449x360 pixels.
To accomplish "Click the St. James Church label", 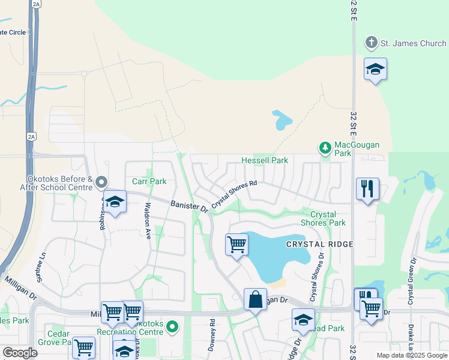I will pyautogui.click(x=414, y=43).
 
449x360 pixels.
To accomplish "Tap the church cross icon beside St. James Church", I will pyautogui.click(x=372, y=43).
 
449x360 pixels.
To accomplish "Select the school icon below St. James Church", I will pyautogui.click(x=375, y=70).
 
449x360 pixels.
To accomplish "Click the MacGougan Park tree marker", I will pyautogui.click(x=325, y=147).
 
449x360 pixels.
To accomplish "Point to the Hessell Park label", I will pyautogui.click(x=265, y=160).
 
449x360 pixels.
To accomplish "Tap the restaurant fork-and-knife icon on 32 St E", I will pyautogui.click(x=367, y=189).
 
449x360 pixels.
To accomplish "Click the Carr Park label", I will pyautogui.click(x=149, y=181).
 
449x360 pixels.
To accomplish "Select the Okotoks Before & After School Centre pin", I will pyautogui.click(x=101, y=181).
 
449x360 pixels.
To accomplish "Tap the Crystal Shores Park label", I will pyautogui.click(x=328, y=218).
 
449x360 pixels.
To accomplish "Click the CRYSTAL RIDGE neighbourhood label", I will pyautogui.click(x=319, y=244).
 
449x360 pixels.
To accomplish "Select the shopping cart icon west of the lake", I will pyautogui.click(x=237, y=244).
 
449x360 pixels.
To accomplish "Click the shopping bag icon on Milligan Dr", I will pyautogui.click(x=255, y=299).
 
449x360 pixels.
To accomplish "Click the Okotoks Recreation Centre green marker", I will pyautogui.click(x=173, y=328).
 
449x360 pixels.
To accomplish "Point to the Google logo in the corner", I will pyautogui.click(x=20, y=353).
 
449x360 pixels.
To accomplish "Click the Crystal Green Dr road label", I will pyautogui.click(x=412, y=281).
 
